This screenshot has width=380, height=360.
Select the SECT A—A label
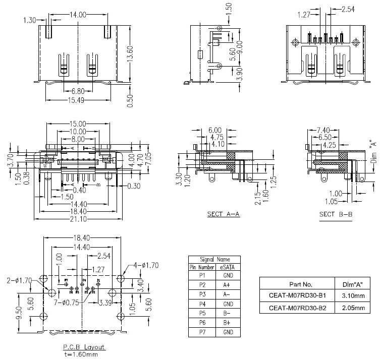(x=224, y=214)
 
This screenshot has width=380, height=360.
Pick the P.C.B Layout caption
(x=84, y=347)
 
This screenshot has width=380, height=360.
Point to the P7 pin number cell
(x=202, y=332)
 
